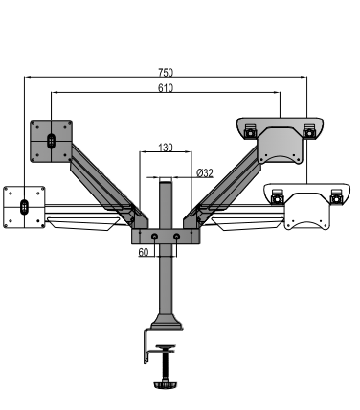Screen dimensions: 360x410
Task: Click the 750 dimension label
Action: point(166,73)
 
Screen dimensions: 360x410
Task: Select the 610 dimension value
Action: point(166,88)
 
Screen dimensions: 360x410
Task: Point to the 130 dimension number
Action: point(166,148)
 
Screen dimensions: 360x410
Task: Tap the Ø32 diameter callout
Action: point(205,173)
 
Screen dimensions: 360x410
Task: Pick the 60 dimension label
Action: point(144,252)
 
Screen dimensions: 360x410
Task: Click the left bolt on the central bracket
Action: point(154,237)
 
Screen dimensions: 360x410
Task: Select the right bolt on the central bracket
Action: point(176,237)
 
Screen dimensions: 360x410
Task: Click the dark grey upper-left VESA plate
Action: point(51,141)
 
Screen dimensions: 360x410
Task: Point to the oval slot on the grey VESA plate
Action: point(51,141)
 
